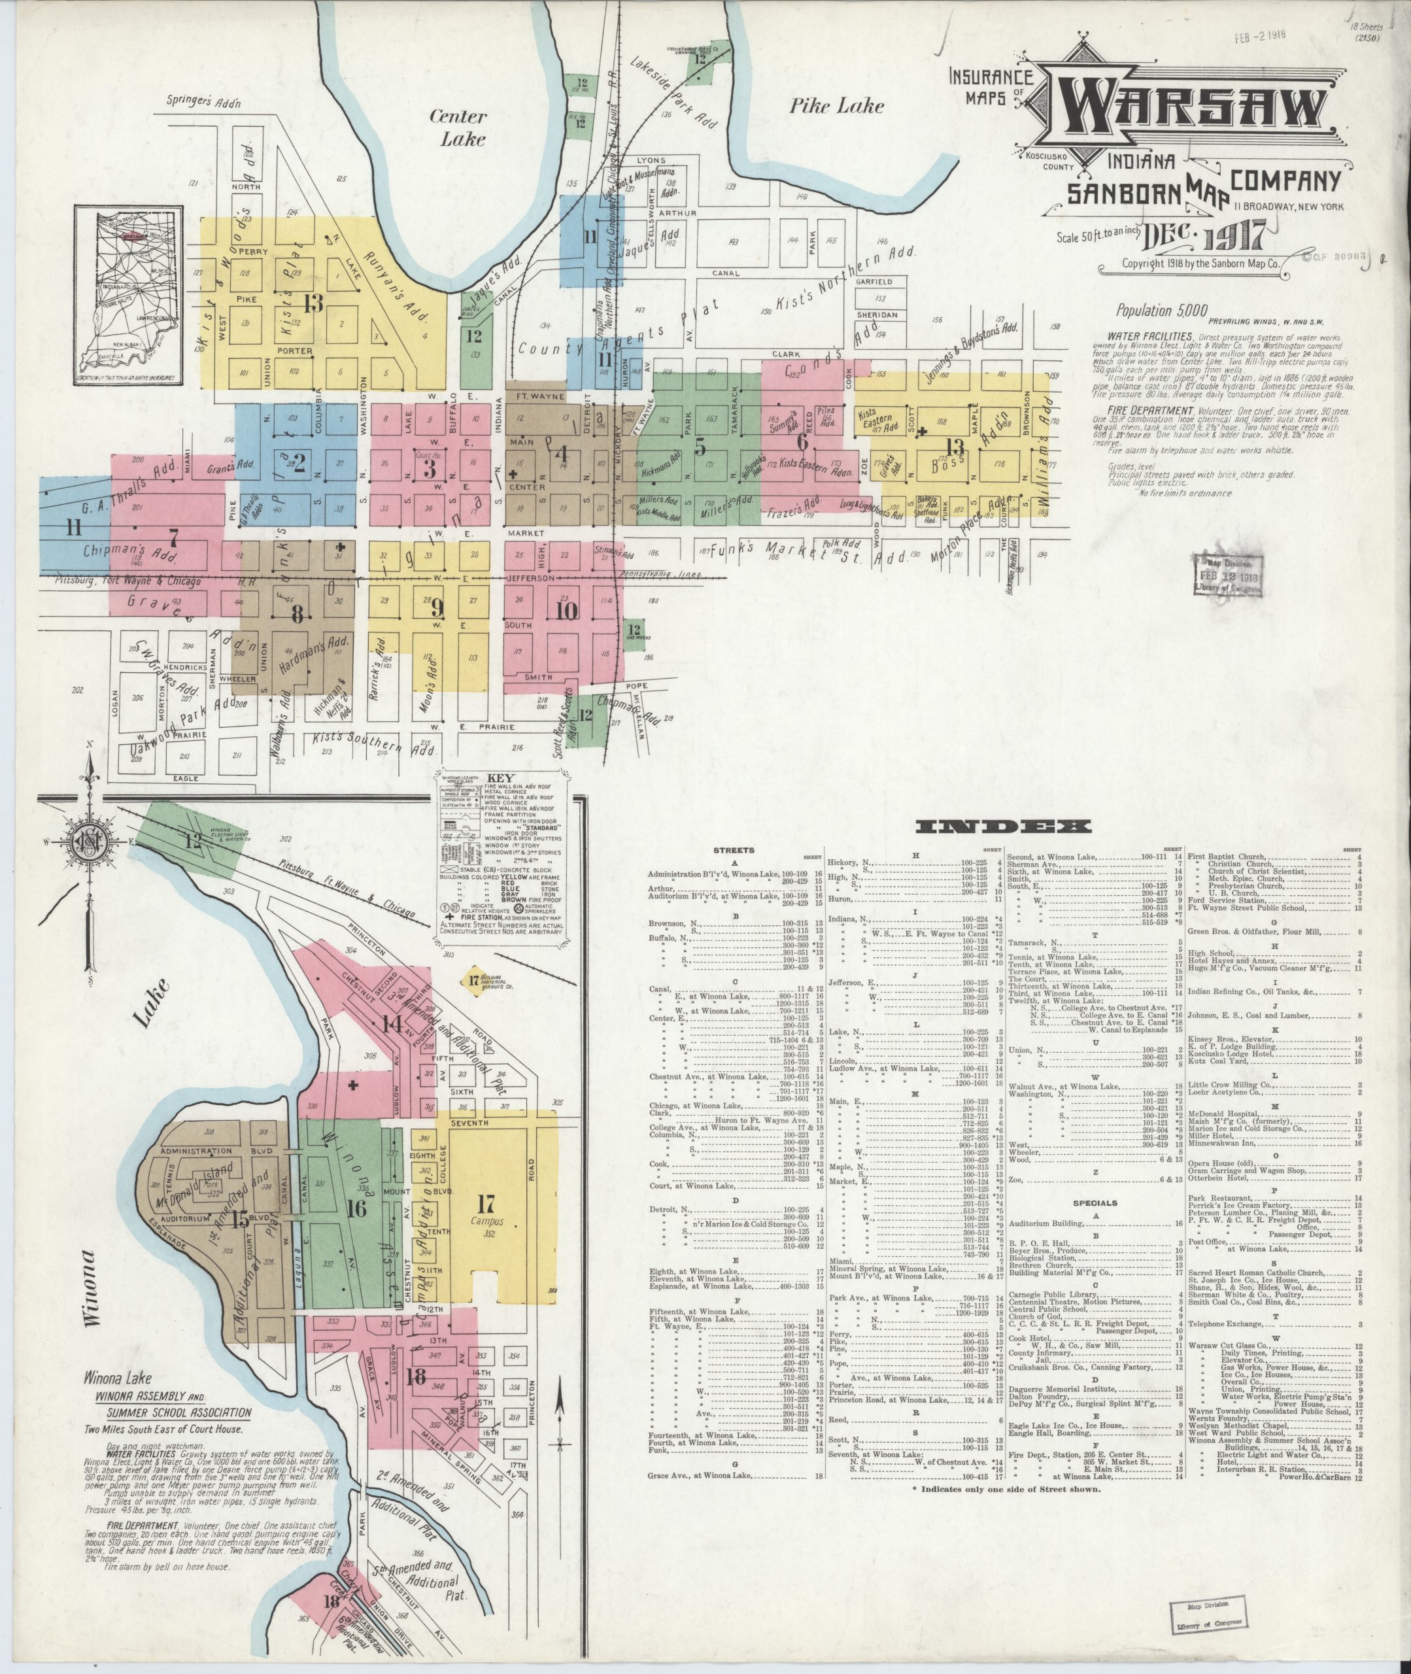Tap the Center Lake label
pyautogui.click(x=458, y=126)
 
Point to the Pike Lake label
pyautogui.click(x=837, y=105)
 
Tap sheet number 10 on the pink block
pyautogui.click(x=566, y=611)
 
